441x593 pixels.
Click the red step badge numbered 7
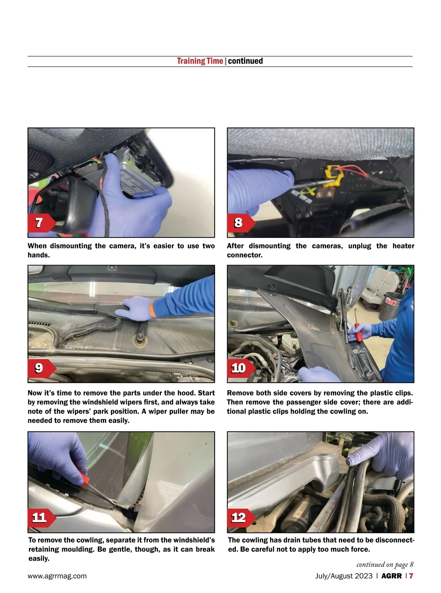(42, 223)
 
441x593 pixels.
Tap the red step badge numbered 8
(241, 223)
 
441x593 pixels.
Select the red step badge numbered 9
(42, 368)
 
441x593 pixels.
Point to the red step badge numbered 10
(241, 368)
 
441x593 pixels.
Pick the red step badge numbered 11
(42, 518)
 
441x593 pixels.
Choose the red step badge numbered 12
(241, 518)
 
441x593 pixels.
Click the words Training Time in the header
(200, 61)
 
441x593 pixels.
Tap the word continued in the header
(245, 61)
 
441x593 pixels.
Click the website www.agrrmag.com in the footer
(57, 576)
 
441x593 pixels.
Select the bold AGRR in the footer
(391, 576)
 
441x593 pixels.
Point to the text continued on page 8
(385, 564)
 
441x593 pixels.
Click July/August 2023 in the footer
(344, 576)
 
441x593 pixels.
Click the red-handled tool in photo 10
(358, 332)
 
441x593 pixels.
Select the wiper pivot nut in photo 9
(139, 338)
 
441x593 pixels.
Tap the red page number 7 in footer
(411, 576)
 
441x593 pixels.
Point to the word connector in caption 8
(244, 255)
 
